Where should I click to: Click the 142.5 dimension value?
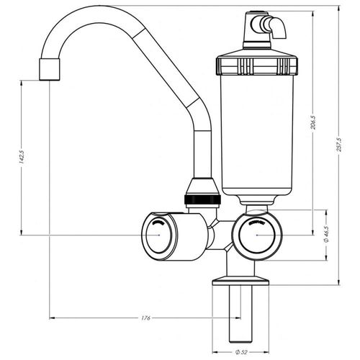point(22,157)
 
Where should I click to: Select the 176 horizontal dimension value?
point(145,318)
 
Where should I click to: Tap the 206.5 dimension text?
point(313,122)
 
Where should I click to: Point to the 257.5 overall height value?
point(339,145)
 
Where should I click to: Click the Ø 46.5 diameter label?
point(326,234)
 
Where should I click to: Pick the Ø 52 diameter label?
point(241,352)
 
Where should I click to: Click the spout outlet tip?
point(49,69)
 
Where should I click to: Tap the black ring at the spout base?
point(202,199)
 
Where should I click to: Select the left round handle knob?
point(159,235)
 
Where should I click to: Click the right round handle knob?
point(257,235)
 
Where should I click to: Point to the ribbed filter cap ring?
point(257,66)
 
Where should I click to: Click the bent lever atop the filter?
point(276,27)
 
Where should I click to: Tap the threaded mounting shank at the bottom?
point(240,314)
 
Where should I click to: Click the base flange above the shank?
point(240,281)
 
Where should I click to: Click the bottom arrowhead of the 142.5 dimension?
point(22,232)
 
